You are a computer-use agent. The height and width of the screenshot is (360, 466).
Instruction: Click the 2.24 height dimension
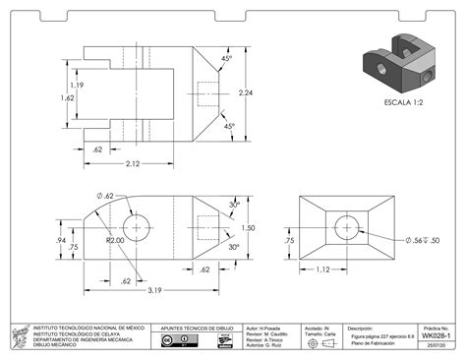247,92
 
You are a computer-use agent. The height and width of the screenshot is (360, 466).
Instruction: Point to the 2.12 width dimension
132,163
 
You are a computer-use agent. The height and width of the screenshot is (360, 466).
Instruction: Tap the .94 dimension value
61,239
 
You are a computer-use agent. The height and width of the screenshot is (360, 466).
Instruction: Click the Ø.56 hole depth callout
422,240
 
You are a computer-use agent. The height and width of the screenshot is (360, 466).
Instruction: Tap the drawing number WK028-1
437,335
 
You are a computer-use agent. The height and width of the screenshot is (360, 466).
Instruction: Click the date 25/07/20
440,345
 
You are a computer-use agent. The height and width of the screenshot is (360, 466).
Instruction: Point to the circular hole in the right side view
346,227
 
